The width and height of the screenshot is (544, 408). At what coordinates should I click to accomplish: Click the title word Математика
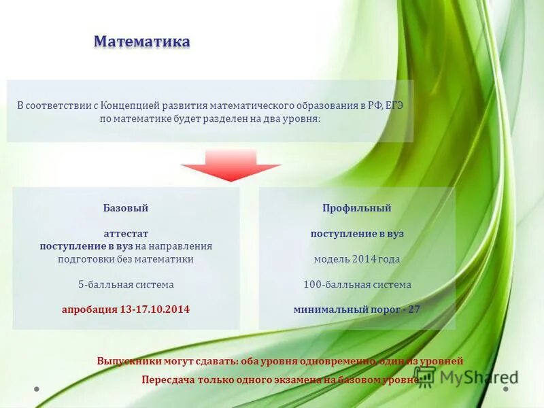point(141,42)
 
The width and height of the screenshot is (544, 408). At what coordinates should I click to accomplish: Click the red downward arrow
point(231,166)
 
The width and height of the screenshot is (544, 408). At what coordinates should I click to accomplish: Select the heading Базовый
point(126,208)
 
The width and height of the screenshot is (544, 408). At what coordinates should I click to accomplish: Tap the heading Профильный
point(356,208)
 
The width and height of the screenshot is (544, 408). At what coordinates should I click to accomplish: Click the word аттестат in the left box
point(126,233)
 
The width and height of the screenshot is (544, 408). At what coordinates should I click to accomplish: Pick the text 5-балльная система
point(126,284)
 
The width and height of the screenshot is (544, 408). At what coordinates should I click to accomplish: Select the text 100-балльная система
point(356,284)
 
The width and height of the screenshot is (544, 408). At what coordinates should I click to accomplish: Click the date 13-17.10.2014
point(154,309)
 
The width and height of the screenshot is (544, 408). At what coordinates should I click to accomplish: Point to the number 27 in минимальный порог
point(413,309)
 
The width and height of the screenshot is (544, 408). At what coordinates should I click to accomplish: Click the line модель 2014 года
point(356,259)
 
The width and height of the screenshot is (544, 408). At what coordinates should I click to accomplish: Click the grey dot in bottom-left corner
point(37,389)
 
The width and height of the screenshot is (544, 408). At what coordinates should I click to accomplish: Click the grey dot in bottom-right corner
point(506,389)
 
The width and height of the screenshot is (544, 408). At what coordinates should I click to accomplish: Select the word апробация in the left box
point(89,309)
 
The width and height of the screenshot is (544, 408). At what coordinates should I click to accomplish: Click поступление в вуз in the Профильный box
point(356,233)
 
